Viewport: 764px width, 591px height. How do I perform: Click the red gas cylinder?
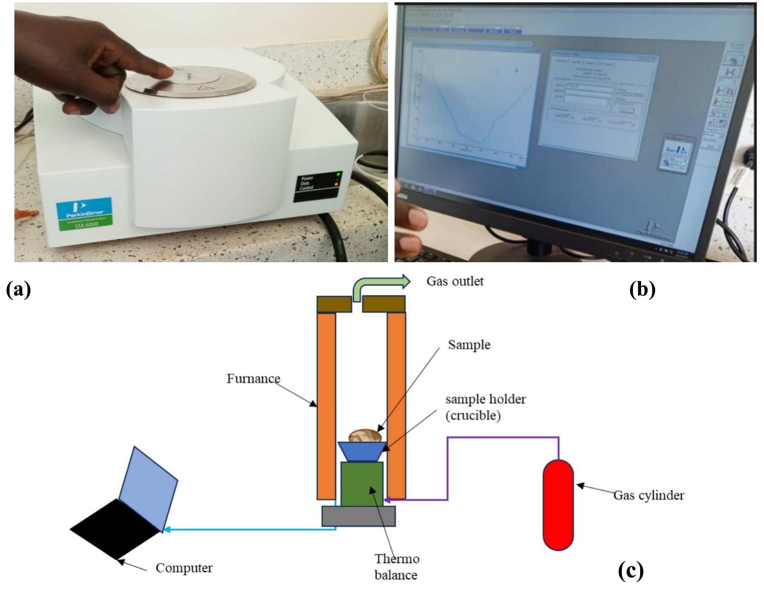tap(558, 504)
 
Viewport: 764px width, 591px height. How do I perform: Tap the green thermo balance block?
tap(362, 484)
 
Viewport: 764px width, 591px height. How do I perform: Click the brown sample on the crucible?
tap(364, 435)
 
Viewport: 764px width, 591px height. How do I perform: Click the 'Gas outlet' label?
tap(455, 281)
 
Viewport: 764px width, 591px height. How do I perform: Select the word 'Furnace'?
tap(253, 378)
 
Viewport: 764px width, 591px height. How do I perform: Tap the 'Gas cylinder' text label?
tap(648, 495)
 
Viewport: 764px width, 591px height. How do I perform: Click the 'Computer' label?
tap(184, 568)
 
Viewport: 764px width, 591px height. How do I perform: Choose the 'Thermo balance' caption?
tap(396, 567)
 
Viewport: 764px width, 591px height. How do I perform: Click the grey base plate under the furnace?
tap(358, 516)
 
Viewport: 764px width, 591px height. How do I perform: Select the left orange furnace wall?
tap(326, 406)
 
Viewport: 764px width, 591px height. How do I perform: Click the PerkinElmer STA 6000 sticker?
tap(84, 214)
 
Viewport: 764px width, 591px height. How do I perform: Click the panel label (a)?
tap(19, 289)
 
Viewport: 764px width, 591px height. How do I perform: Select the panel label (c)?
tap(631, 571)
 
